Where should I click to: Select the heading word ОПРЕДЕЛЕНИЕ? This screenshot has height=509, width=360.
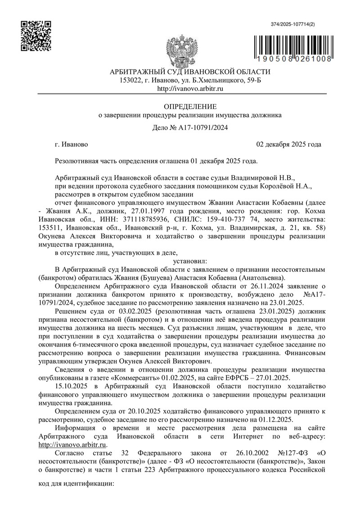coord(190,107)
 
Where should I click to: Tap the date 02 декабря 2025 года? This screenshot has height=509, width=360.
coord(288,144)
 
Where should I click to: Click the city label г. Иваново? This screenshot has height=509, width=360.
coord(71,144)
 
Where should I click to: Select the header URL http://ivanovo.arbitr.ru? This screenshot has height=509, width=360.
coord(190,89)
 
